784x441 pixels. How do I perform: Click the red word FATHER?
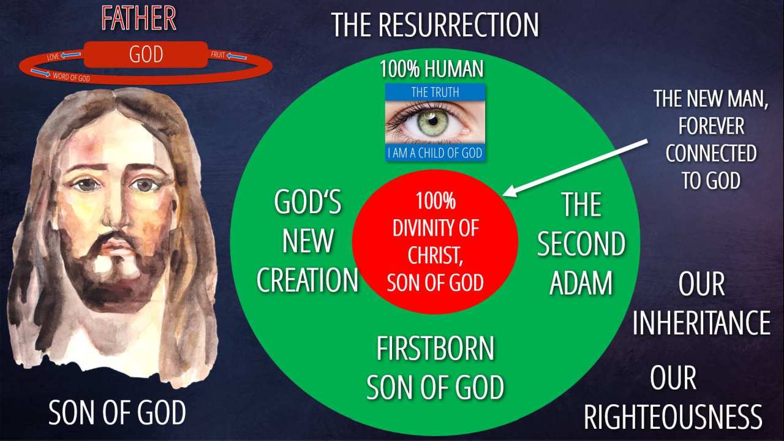(138, 18)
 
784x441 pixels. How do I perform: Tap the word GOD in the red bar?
(146, 55)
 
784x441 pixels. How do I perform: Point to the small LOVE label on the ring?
(53, 57)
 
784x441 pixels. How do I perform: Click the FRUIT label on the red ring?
(217, 55)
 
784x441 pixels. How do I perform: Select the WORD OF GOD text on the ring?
(72, 77)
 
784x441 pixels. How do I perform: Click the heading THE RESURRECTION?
(435, 24)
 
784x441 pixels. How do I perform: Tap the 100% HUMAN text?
(432, 69)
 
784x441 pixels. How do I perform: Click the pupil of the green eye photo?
(433, 121)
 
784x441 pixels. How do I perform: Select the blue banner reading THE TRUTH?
(435, 92)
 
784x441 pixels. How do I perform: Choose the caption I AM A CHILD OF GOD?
(435, 153)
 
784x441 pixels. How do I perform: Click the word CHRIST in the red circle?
(435, 255)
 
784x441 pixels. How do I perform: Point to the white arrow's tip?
(503, 195)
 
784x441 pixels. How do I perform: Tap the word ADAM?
(581, 283)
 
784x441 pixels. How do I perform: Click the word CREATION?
(307, 280)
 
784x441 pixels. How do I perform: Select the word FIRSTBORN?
(435, 349)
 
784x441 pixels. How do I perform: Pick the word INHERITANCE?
(701, 322)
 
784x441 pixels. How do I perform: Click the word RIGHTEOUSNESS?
(673, 417)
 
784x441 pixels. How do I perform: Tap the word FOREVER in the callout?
(711, 126)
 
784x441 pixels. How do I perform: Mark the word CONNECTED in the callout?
(711, 153)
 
